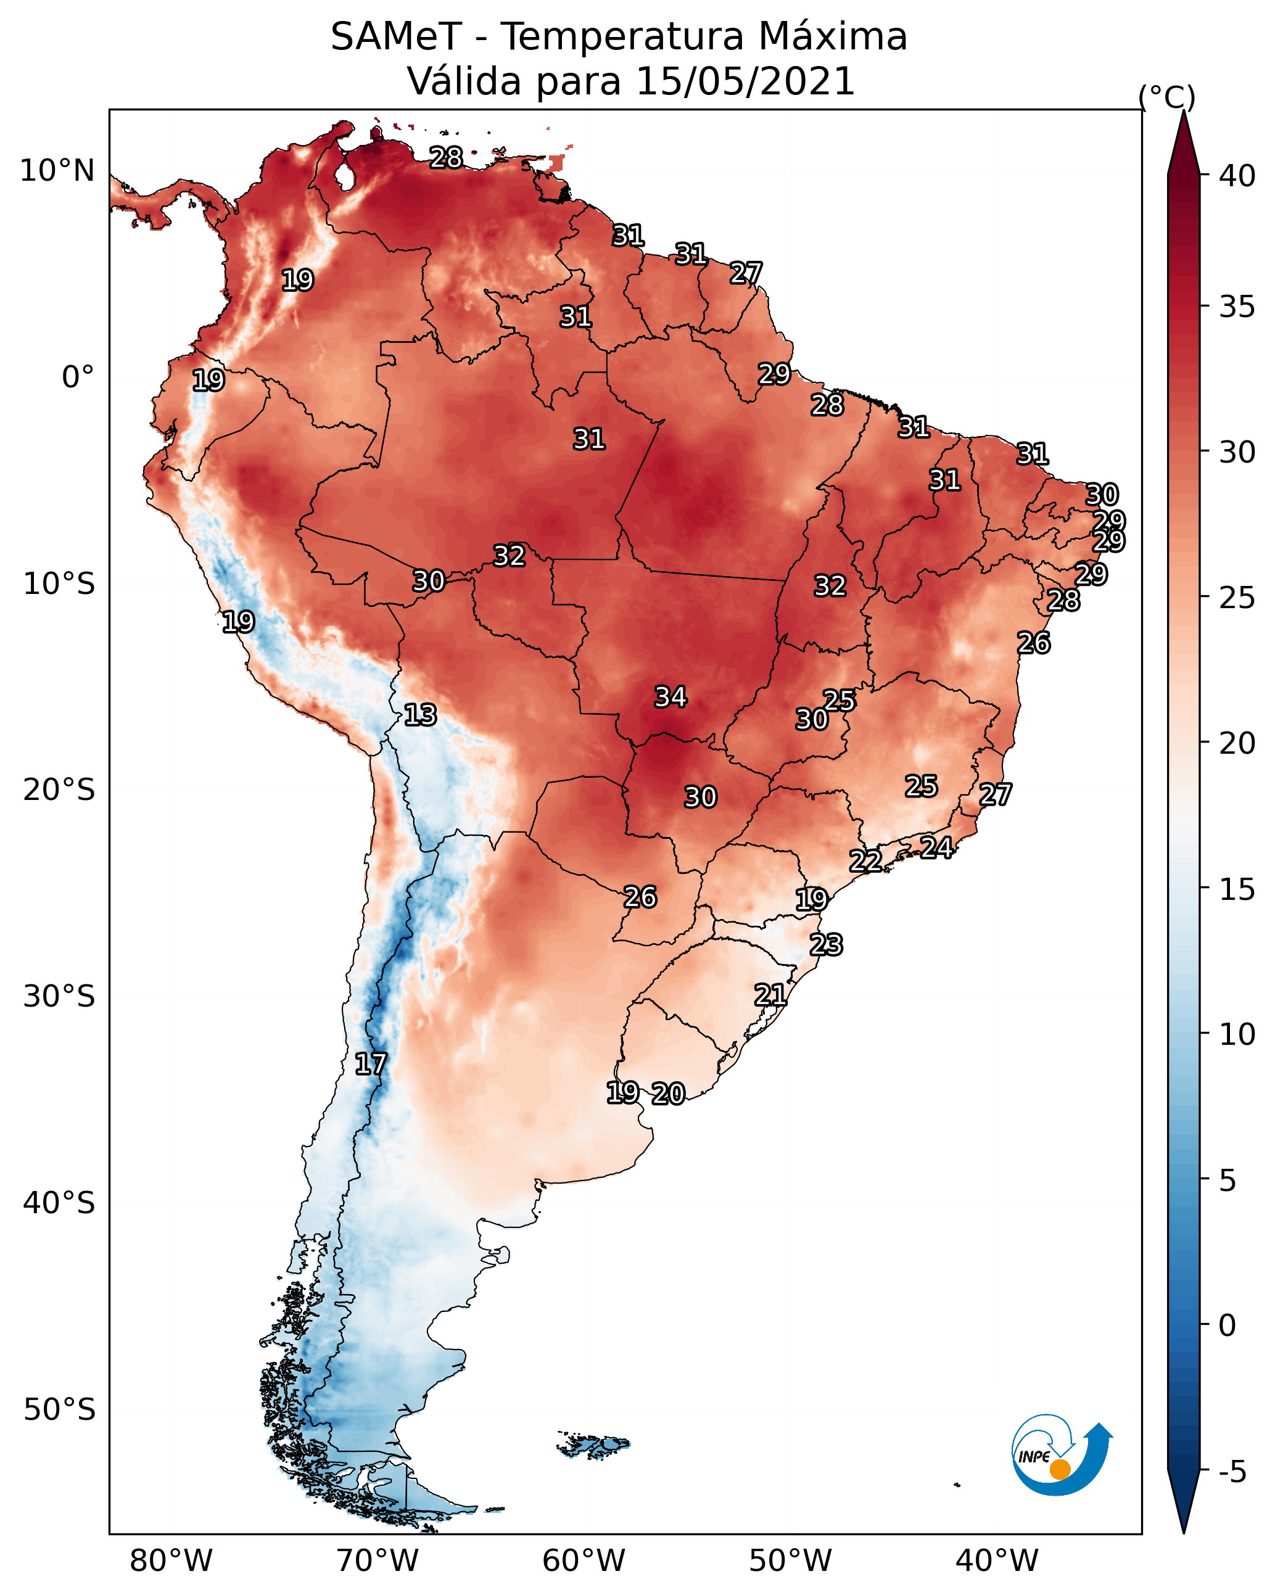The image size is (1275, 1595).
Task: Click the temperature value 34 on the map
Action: [671, 697]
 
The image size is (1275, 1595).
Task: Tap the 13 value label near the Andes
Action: [420, 715]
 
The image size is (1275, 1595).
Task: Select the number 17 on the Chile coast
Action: [371, 1064]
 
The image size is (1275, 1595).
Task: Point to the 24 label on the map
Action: [936, 847]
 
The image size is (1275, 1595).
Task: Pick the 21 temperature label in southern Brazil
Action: [770, 995]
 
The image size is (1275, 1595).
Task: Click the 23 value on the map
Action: [826, 945]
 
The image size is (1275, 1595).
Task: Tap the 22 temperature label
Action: [865, 861]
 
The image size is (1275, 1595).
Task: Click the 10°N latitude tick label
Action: [57, 171]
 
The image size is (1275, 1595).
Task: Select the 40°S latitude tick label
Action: [59, 1203]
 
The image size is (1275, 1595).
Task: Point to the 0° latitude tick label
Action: [78, 377]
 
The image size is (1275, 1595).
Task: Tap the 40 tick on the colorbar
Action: [1237, 176]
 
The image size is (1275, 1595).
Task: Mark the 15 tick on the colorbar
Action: [1237, 889]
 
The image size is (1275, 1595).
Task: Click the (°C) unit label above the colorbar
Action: [1166, 97]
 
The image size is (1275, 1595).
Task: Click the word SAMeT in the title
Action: [396, 37]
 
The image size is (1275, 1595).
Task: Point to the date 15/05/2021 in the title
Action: [745, 81]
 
